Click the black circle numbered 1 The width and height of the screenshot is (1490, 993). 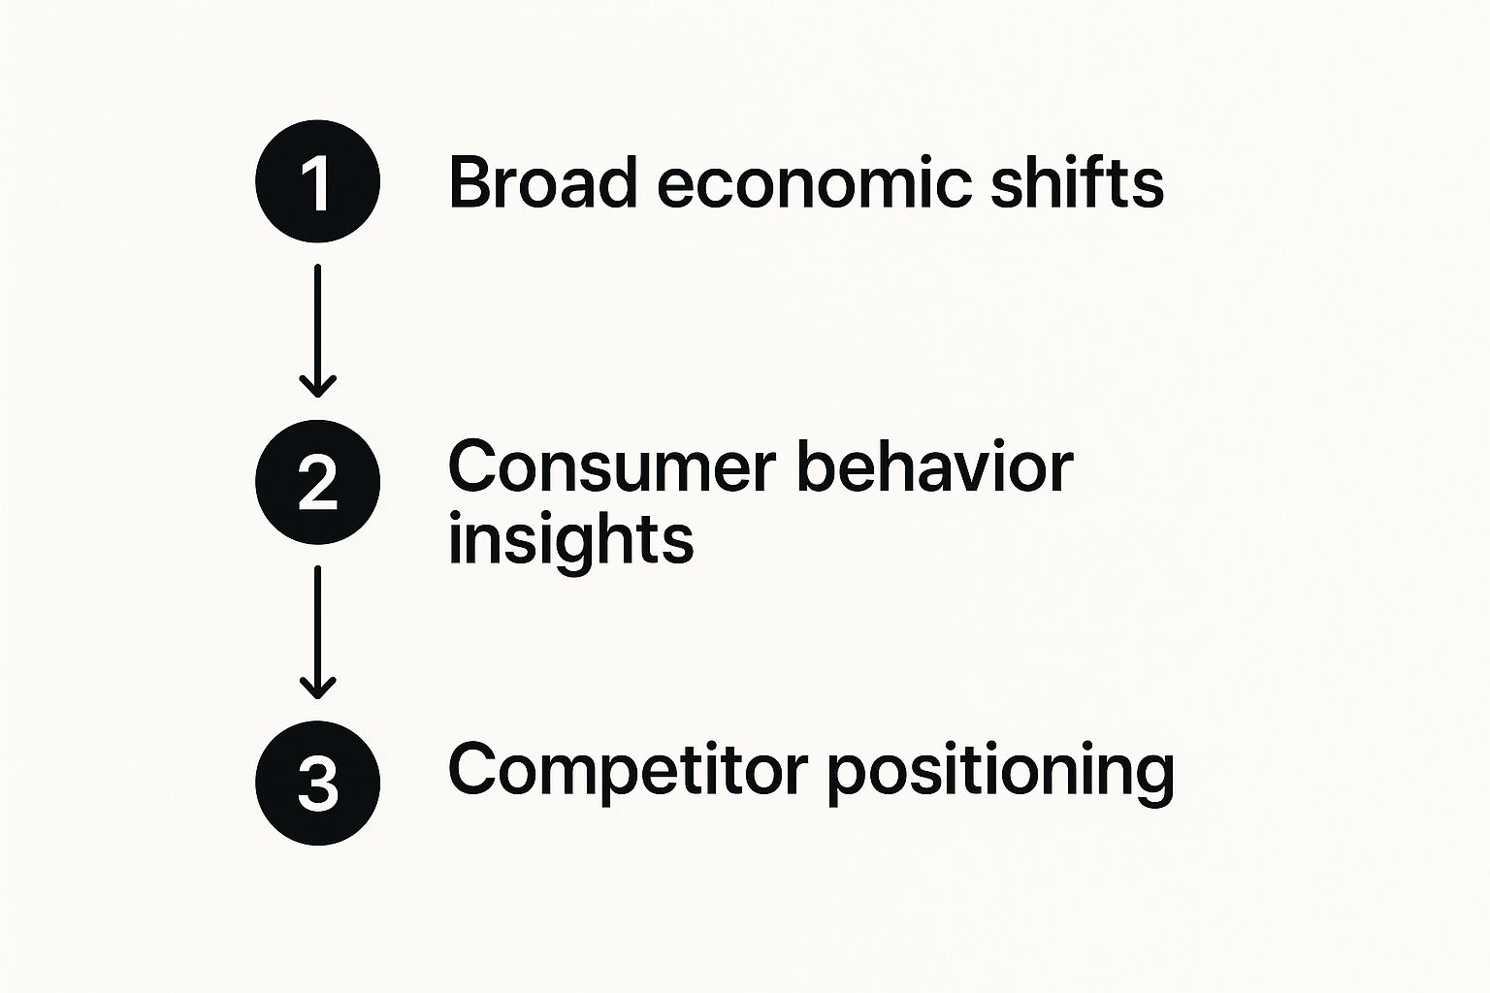[317, 181]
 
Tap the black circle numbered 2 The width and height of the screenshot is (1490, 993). [317, 482]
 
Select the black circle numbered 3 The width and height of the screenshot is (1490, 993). [317, 783]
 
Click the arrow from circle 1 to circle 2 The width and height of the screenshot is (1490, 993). [317, 330]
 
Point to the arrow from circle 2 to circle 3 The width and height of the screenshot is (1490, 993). [317, 630]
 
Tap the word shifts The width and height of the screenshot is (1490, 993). [1077, 181]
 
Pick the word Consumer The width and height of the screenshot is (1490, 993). [612, 467]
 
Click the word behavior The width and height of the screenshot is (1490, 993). [935, 467]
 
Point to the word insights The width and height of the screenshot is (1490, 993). [570, 541]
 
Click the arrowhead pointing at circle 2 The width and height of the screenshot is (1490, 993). [317, 388]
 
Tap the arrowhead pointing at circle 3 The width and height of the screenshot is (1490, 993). [317, 689]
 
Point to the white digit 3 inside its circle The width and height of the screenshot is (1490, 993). [317, 784]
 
